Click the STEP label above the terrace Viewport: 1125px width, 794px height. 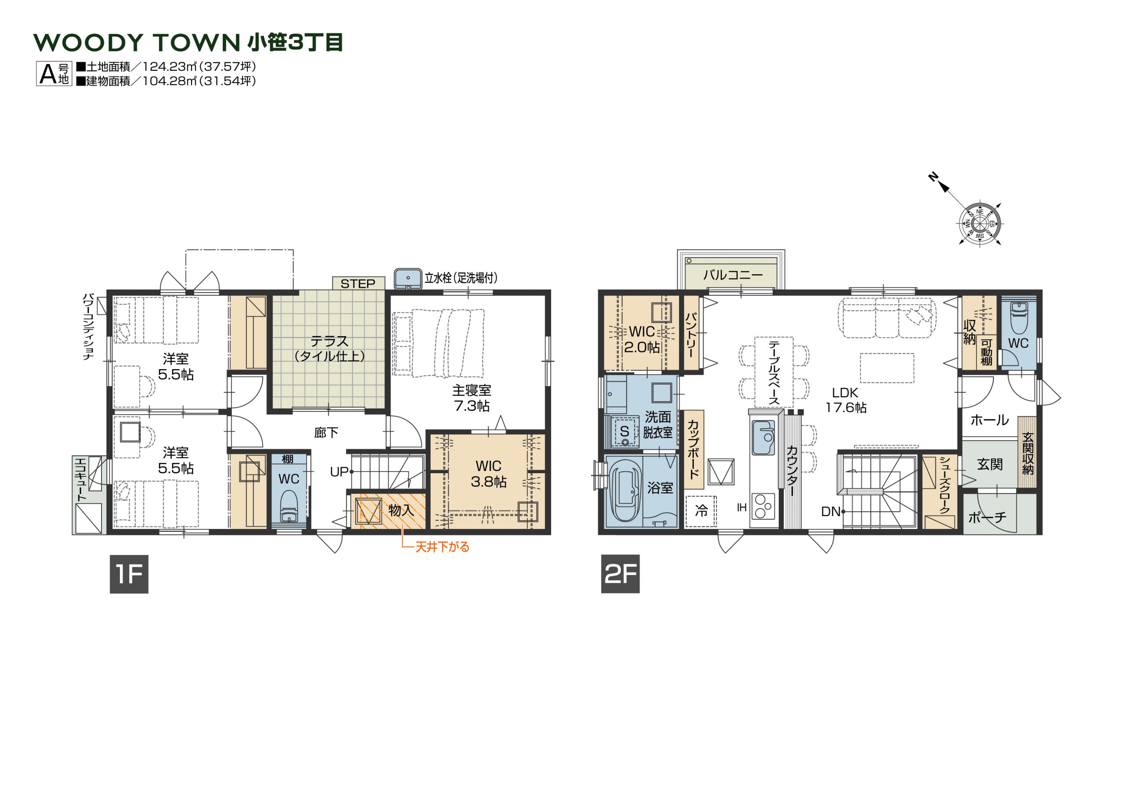(x=358, y=284)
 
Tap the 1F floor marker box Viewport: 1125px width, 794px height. (x=129, y=574)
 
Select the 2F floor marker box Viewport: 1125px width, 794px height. (x=621, y=574)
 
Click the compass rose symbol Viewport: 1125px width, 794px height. (x=980, y=224)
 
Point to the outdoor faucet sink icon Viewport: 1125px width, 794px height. (x=408, y=279)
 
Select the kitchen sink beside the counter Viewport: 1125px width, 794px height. (x=763, y=438)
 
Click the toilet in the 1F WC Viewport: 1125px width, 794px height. (x=289, y=506)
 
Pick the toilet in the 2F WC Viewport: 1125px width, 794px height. (x=1018, y=318)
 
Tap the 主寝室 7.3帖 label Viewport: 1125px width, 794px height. (x=472, y=398)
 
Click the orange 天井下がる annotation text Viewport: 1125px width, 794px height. (x=443, y=547)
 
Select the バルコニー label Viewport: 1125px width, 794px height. (x=733, y=275)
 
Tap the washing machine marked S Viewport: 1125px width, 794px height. (x=625, y=431)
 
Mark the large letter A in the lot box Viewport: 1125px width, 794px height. (x=48, y=74)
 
